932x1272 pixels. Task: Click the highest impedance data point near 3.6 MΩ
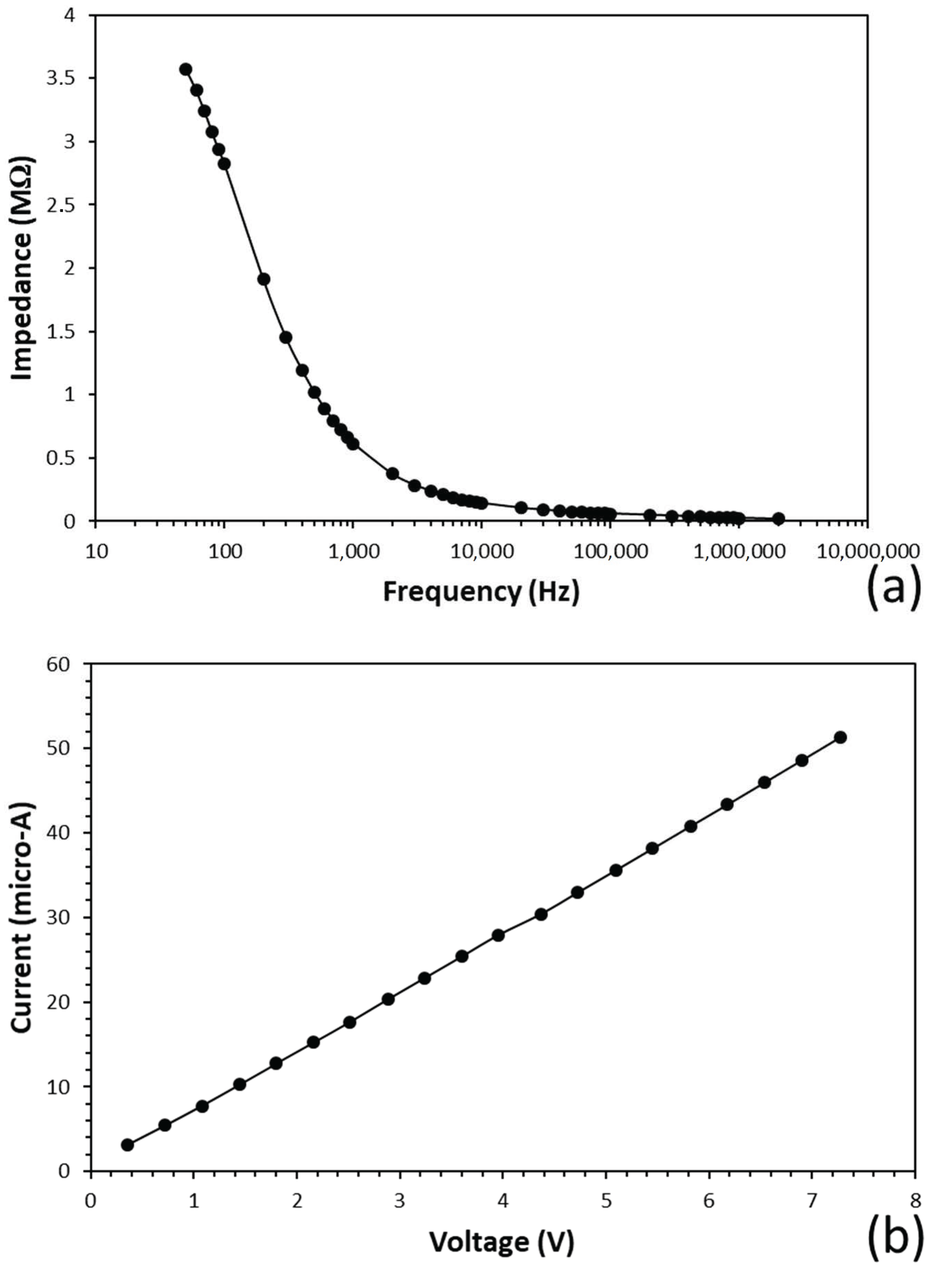pyautogui.click(x=186, y=69)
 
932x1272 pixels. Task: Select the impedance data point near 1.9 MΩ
pyautogui.click(x=263, y=279)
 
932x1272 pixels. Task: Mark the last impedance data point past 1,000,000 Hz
pyautogui.click(x=779, y=518)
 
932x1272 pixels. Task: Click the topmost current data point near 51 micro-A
pyautogui.click(x=840, y=737)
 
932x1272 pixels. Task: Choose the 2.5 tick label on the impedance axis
pyautogui.click(x=63, y=204)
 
